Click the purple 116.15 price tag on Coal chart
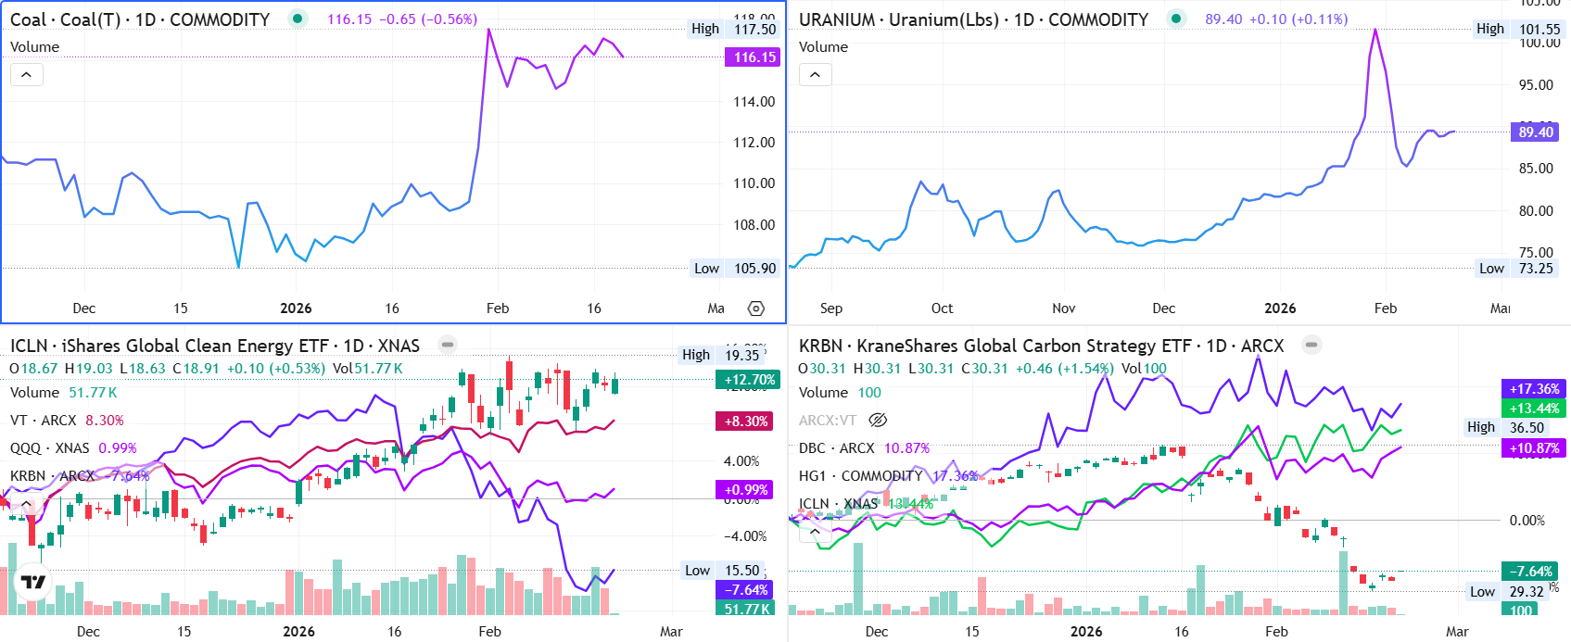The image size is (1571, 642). coord(754,57)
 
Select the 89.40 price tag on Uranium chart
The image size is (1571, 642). coord(1535,132)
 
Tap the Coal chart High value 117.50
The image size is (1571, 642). coord(754,29)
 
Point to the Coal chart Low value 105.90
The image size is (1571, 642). coord(754,269)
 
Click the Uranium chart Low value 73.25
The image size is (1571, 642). coord(1535,269)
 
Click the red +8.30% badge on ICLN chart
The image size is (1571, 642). coord(746,421)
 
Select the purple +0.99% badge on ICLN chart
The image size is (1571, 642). coord(746,490)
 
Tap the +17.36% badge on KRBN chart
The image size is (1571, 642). coord(1534,389)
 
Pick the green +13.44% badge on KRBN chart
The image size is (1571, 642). coord(1534,409)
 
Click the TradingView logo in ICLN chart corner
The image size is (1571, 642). coord(33,582)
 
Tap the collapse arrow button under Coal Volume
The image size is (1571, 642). coord(27,75)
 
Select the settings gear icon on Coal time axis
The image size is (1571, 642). coord(756,308)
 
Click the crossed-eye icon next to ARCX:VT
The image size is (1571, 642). coord(877,421)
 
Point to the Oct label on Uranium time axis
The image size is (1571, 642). coord(942,308)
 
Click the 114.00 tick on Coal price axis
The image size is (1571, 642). coord(754,102)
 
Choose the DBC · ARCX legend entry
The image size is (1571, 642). coord(836,448)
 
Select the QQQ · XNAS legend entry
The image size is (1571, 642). coord(50,448)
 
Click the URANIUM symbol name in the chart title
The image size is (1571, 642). coord(836,19)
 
